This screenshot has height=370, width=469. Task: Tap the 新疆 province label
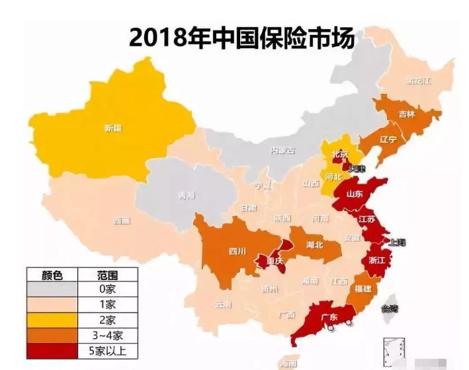coord(113,128)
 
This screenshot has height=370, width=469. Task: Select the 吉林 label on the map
coord(407,114)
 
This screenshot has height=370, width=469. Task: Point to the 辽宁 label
coord(388,140)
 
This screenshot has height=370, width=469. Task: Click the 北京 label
coord(339,153)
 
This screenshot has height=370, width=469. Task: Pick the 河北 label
coord(335,177)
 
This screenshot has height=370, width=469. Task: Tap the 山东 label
coord(355,194)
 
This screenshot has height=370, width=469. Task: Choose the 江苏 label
coord(366,219)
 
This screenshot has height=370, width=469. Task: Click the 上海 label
coord(398,242)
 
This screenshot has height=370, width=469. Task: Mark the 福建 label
coord(363,289)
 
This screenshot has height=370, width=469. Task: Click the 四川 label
coord(237,251)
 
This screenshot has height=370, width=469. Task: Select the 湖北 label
coord(314,245)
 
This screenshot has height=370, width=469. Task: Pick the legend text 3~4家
coord(105,335)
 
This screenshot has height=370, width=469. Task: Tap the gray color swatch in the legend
coord(52,289)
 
